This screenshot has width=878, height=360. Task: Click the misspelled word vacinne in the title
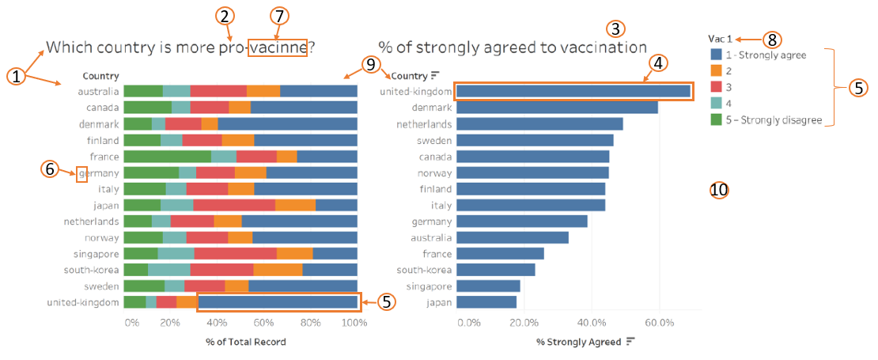tap(277, 47)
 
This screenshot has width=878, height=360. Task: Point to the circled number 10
tap(719, 190)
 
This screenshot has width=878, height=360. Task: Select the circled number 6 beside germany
tap(50, 169)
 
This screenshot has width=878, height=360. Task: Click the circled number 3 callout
tap(615, 28)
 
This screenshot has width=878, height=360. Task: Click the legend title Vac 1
tap(720, 39)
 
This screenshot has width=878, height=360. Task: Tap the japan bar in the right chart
tap(486, 301)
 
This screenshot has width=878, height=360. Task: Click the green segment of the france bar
tap(167, 157)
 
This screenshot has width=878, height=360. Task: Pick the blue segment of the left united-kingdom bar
tap(278, 301)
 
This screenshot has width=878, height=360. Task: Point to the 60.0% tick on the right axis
tap(659, 323)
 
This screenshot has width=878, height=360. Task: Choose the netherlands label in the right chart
tap(424, 124)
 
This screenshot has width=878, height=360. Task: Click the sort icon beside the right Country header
tap(435, 76)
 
